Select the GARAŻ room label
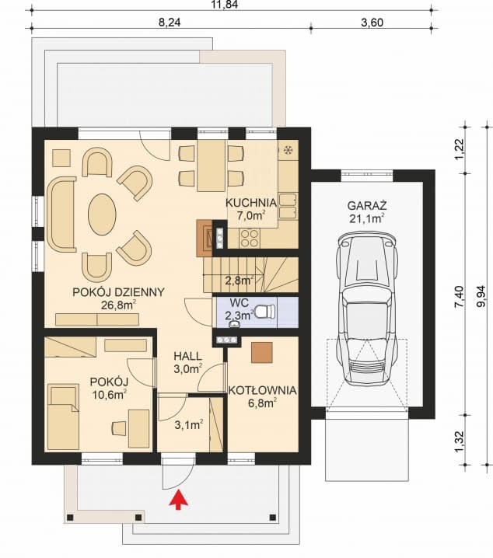367,206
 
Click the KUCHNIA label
251,203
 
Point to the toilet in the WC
265,311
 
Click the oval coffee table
102,214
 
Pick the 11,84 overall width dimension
225,4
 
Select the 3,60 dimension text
372,23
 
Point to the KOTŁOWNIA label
262,390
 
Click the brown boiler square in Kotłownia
261,352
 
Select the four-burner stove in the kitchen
249,238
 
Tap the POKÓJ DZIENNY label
118,292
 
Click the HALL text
187,356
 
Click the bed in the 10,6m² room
63,417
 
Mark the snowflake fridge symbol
287,151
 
